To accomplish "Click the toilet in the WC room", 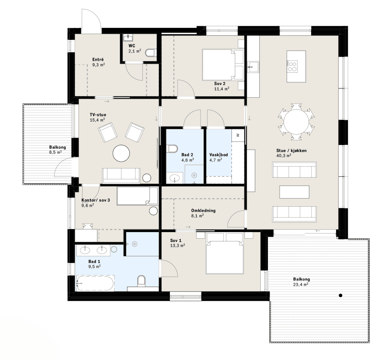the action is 151,53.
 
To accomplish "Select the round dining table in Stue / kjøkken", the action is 296,122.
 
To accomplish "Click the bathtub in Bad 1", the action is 95,283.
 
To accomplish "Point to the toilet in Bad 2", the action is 172,149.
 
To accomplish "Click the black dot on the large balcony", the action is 341,295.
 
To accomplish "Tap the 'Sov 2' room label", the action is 220,83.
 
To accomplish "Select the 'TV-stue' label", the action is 98,115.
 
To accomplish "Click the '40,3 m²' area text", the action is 284,156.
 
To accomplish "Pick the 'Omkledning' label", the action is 203,211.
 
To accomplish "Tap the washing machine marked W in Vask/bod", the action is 238,135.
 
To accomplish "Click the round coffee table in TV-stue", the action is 121,153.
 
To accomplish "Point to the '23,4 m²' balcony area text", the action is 301,284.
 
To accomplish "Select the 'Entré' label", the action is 98,59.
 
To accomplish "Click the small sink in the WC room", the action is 128,37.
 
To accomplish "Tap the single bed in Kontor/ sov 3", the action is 137,196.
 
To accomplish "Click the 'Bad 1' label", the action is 94,261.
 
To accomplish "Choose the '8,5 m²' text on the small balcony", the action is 55,152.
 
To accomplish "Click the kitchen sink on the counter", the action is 253,67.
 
